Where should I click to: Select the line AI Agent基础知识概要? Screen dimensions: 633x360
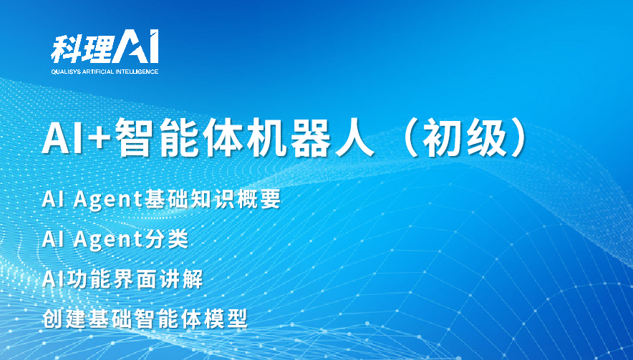(161, 200)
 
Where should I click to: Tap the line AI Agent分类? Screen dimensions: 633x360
(115, 240)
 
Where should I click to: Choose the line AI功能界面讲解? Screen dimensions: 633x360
(122, 279)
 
